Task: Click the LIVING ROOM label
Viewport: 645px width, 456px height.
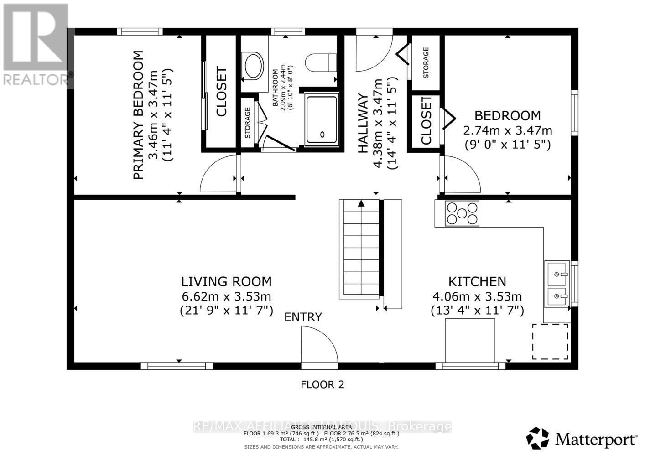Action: click(226, 281)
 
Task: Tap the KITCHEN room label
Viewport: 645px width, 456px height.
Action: click(477, 281)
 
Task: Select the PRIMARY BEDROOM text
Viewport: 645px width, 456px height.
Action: click(138, 115)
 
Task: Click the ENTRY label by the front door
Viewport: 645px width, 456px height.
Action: click(303, 317)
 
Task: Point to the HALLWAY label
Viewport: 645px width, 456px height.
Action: click(363, 124)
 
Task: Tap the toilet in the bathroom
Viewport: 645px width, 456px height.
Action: click(321, 62)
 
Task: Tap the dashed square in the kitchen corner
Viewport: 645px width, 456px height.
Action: click(550, 341)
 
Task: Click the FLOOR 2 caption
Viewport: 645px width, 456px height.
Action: click(322, 384)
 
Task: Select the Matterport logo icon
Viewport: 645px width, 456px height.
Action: click(538, 439)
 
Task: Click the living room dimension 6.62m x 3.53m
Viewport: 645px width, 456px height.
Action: click(226, 296)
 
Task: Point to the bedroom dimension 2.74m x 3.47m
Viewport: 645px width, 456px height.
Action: click(507, 130)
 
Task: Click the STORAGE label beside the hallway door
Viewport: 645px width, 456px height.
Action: click(426, 63)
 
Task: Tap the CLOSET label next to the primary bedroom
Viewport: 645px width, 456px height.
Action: click(221, 92)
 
